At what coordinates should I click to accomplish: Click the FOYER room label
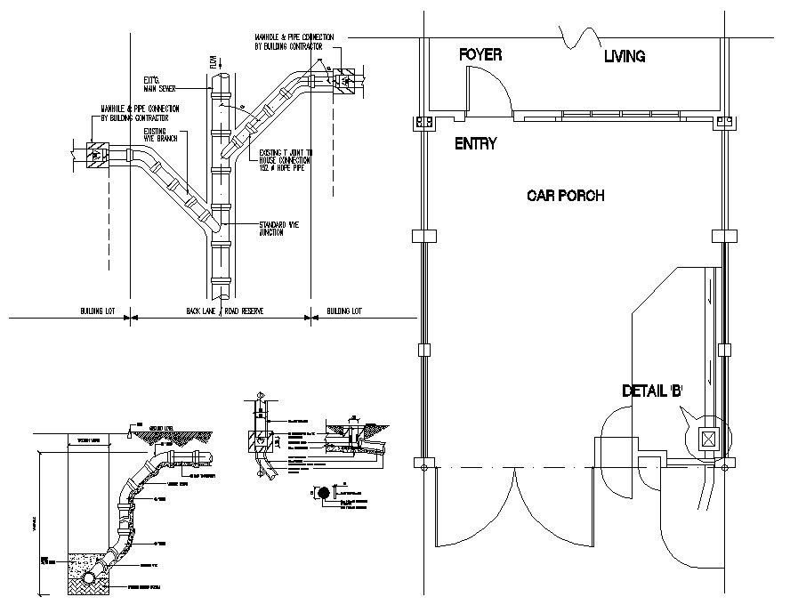[480, 55]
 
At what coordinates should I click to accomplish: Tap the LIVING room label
[625, 57]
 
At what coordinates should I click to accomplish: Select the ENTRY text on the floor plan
[475, 143]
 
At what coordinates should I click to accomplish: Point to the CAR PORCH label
[565, 196]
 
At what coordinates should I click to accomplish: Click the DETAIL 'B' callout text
[652, 391]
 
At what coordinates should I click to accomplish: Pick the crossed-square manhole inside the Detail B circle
[708, 439]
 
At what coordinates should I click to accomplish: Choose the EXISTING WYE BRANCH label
[161, 136]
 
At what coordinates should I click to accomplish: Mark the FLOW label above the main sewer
[214, 61]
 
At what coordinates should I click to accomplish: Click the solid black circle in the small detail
[324, 492]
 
